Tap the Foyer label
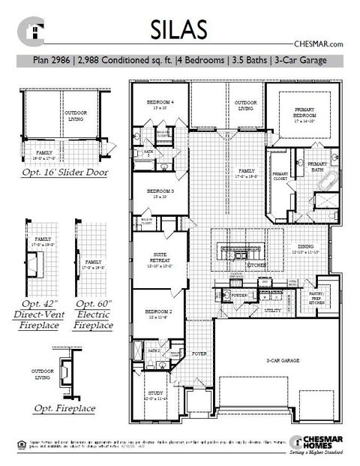click(199, 352)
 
